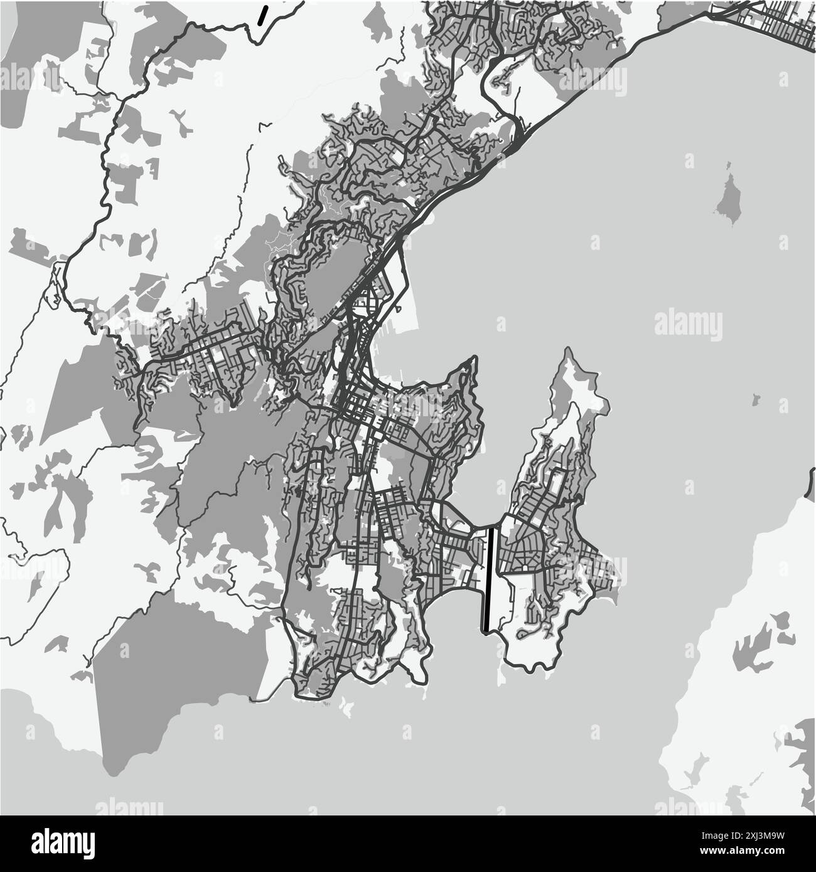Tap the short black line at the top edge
pyautogui.click(x=264, y=15)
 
